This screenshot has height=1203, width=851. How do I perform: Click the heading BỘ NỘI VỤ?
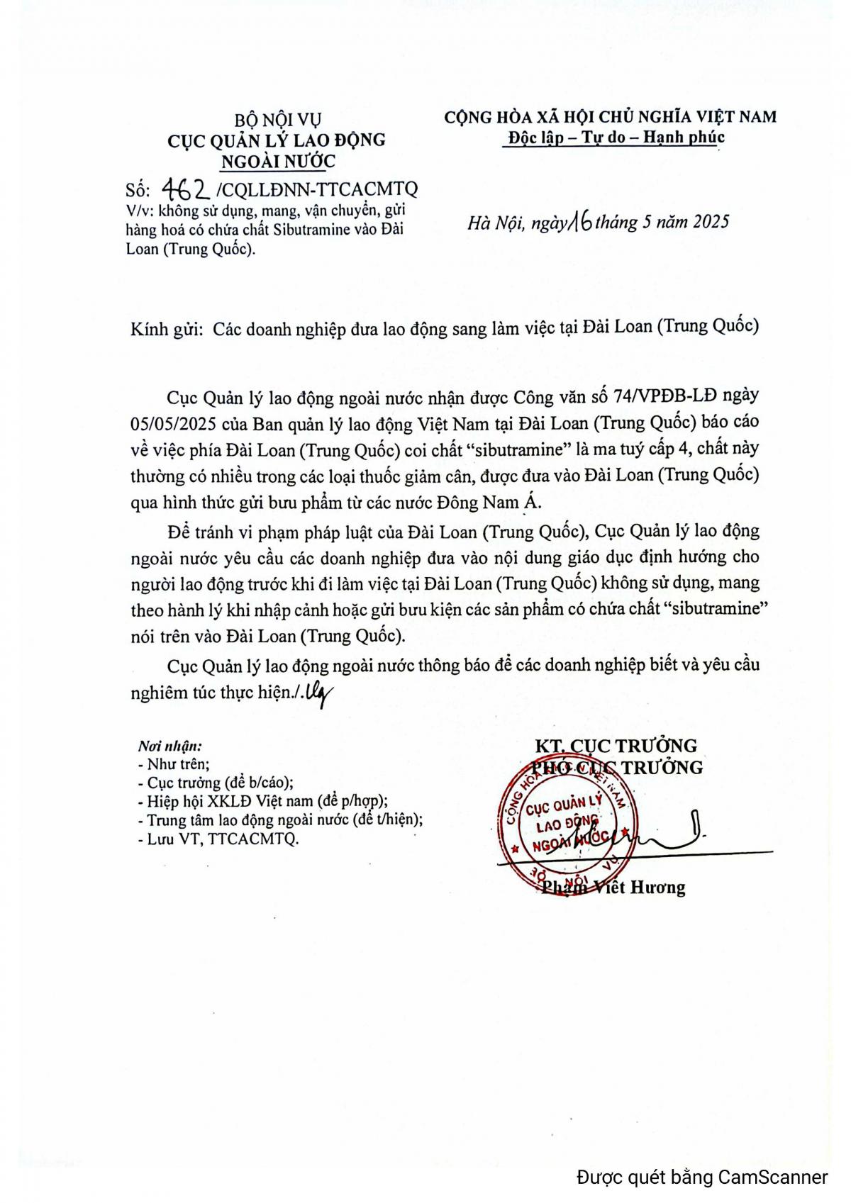277,119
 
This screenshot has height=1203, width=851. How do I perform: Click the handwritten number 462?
186,189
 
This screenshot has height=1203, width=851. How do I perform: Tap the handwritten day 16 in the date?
579,223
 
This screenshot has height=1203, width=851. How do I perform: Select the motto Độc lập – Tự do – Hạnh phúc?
614,137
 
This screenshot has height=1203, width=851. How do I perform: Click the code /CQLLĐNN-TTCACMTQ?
316,189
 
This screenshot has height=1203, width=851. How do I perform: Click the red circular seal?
567,825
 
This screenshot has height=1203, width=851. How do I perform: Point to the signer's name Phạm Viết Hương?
613,887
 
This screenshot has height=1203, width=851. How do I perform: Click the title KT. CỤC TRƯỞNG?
616,745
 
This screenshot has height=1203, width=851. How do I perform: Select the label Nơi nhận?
169,746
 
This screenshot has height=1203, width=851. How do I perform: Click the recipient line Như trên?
174,764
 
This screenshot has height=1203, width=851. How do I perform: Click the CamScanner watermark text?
701,1178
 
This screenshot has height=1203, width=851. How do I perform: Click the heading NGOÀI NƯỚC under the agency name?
278,162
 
